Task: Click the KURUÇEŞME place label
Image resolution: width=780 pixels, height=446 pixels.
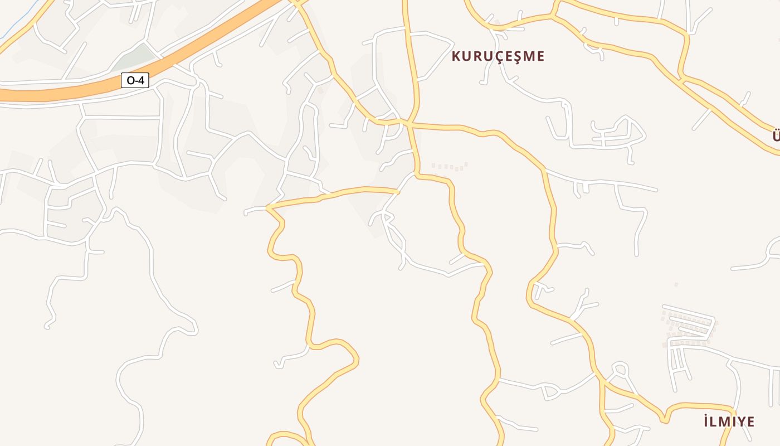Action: (x=498, y=56)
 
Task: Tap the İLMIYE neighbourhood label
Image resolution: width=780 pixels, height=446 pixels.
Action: (x=729, y=421)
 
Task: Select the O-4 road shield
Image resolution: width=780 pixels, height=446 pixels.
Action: (x=135, y=81)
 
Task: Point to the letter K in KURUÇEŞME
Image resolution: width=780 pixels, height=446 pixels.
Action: (x=456, y=56)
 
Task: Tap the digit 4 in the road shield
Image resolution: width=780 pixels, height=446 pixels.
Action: (x=140, y=81)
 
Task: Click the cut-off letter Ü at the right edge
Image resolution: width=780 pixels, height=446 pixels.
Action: (x=777, y=135)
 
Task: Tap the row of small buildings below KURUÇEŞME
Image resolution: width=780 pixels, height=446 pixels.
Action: (x=449, y=166)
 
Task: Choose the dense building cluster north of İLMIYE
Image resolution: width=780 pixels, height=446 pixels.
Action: (x=689, y=327)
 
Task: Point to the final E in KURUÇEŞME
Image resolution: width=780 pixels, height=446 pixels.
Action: (x=539, y=56)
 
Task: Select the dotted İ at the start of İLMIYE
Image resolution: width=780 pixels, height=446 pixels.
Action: (x=705, y=421)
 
